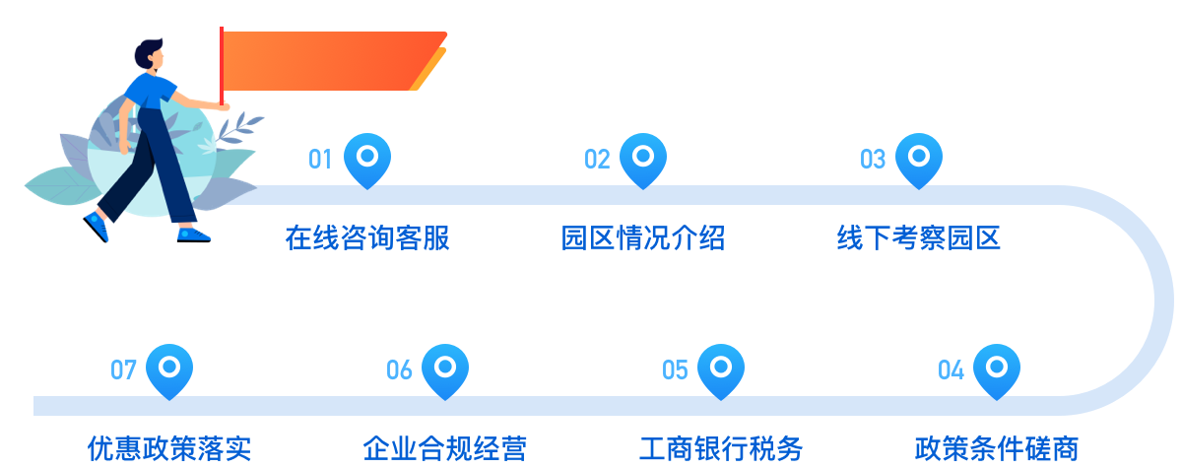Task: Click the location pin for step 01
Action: click(x=367, y=158)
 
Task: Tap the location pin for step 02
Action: click(x=643, y=158)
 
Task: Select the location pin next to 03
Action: click(x=919, y=158)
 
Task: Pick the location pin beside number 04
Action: click(x=997, y=368)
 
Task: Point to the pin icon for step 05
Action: click(x=721, y=368)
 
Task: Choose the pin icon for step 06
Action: click(x=445, y=368)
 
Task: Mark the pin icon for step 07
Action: click(x=169, y=368)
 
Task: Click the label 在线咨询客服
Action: click(x=367, y=238)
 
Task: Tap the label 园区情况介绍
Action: click(x=643, y=238)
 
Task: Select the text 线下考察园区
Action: click(x=919, y=238)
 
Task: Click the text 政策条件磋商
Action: click(x=997, y=449)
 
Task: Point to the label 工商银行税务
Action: click(x=721, y=449)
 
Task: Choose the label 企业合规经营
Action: click(x=445, y=449)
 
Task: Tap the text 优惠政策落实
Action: click(x=169, y=449)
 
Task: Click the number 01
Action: click(x=320, y=160)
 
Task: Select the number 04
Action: click(x=951, y=370)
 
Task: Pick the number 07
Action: click(x=123, y=370)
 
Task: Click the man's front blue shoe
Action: click(x=193, y=234)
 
